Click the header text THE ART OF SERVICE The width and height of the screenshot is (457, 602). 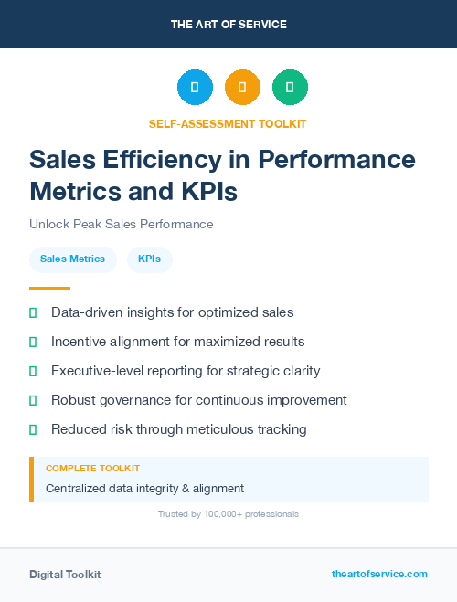point(228,25)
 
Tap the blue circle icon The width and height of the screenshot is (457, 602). point(195,88)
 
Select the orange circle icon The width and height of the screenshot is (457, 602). point(242,88)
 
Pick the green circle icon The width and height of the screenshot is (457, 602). point(290,88)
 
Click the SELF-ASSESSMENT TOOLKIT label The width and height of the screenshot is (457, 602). point(228,123)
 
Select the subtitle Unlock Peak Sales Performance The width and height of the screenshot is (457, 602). point(121,224)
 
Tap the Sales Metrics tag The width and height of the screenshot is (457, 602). point(72,259)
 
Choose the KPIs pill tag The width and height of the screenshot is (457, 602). point(150,259)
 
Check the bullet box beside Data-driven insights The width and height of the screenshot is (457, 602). point(33,312)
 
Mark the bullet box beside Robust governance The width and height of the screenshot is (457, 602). point(33,400)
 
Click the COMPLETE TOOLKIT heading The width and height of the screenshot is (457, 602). point(92,468)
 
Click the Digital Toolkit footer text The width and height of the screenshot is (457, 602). point(65,575)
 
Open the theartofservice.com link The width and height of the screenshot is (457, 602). point(379,574)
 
